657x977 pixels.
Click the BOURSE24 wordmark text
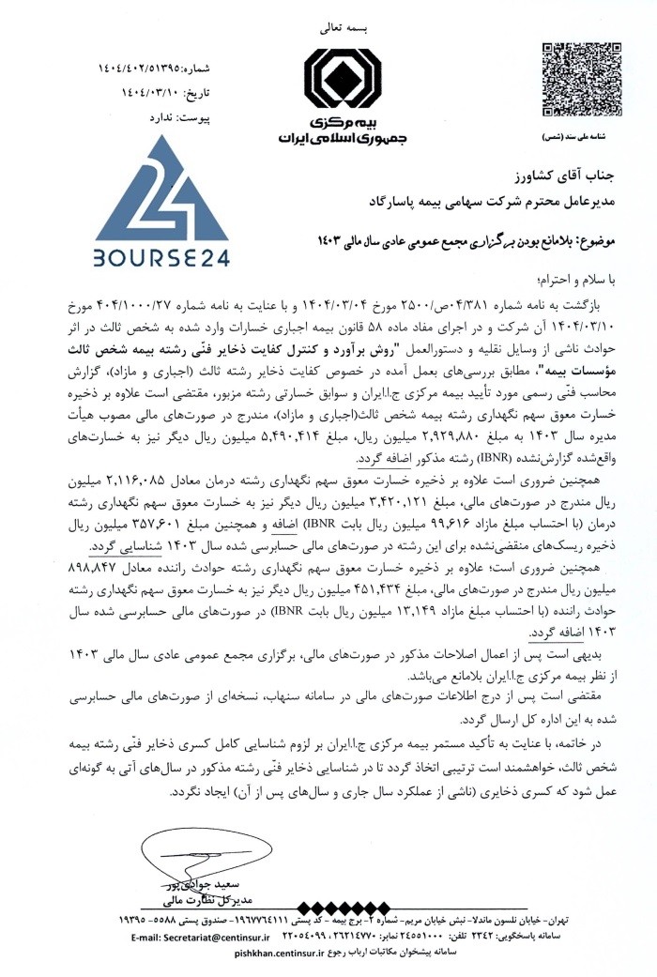[161, 256]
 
